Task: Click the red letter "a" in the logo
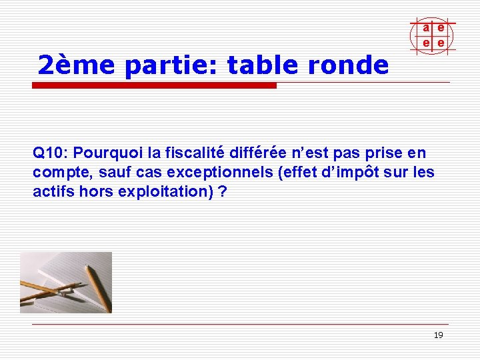[425, 27]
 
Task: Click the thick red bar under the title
[154, 86]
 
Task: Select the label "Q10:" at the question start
[48, 153]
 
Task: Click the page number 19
[438, 335]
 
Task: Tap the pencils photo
[66, 283]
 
